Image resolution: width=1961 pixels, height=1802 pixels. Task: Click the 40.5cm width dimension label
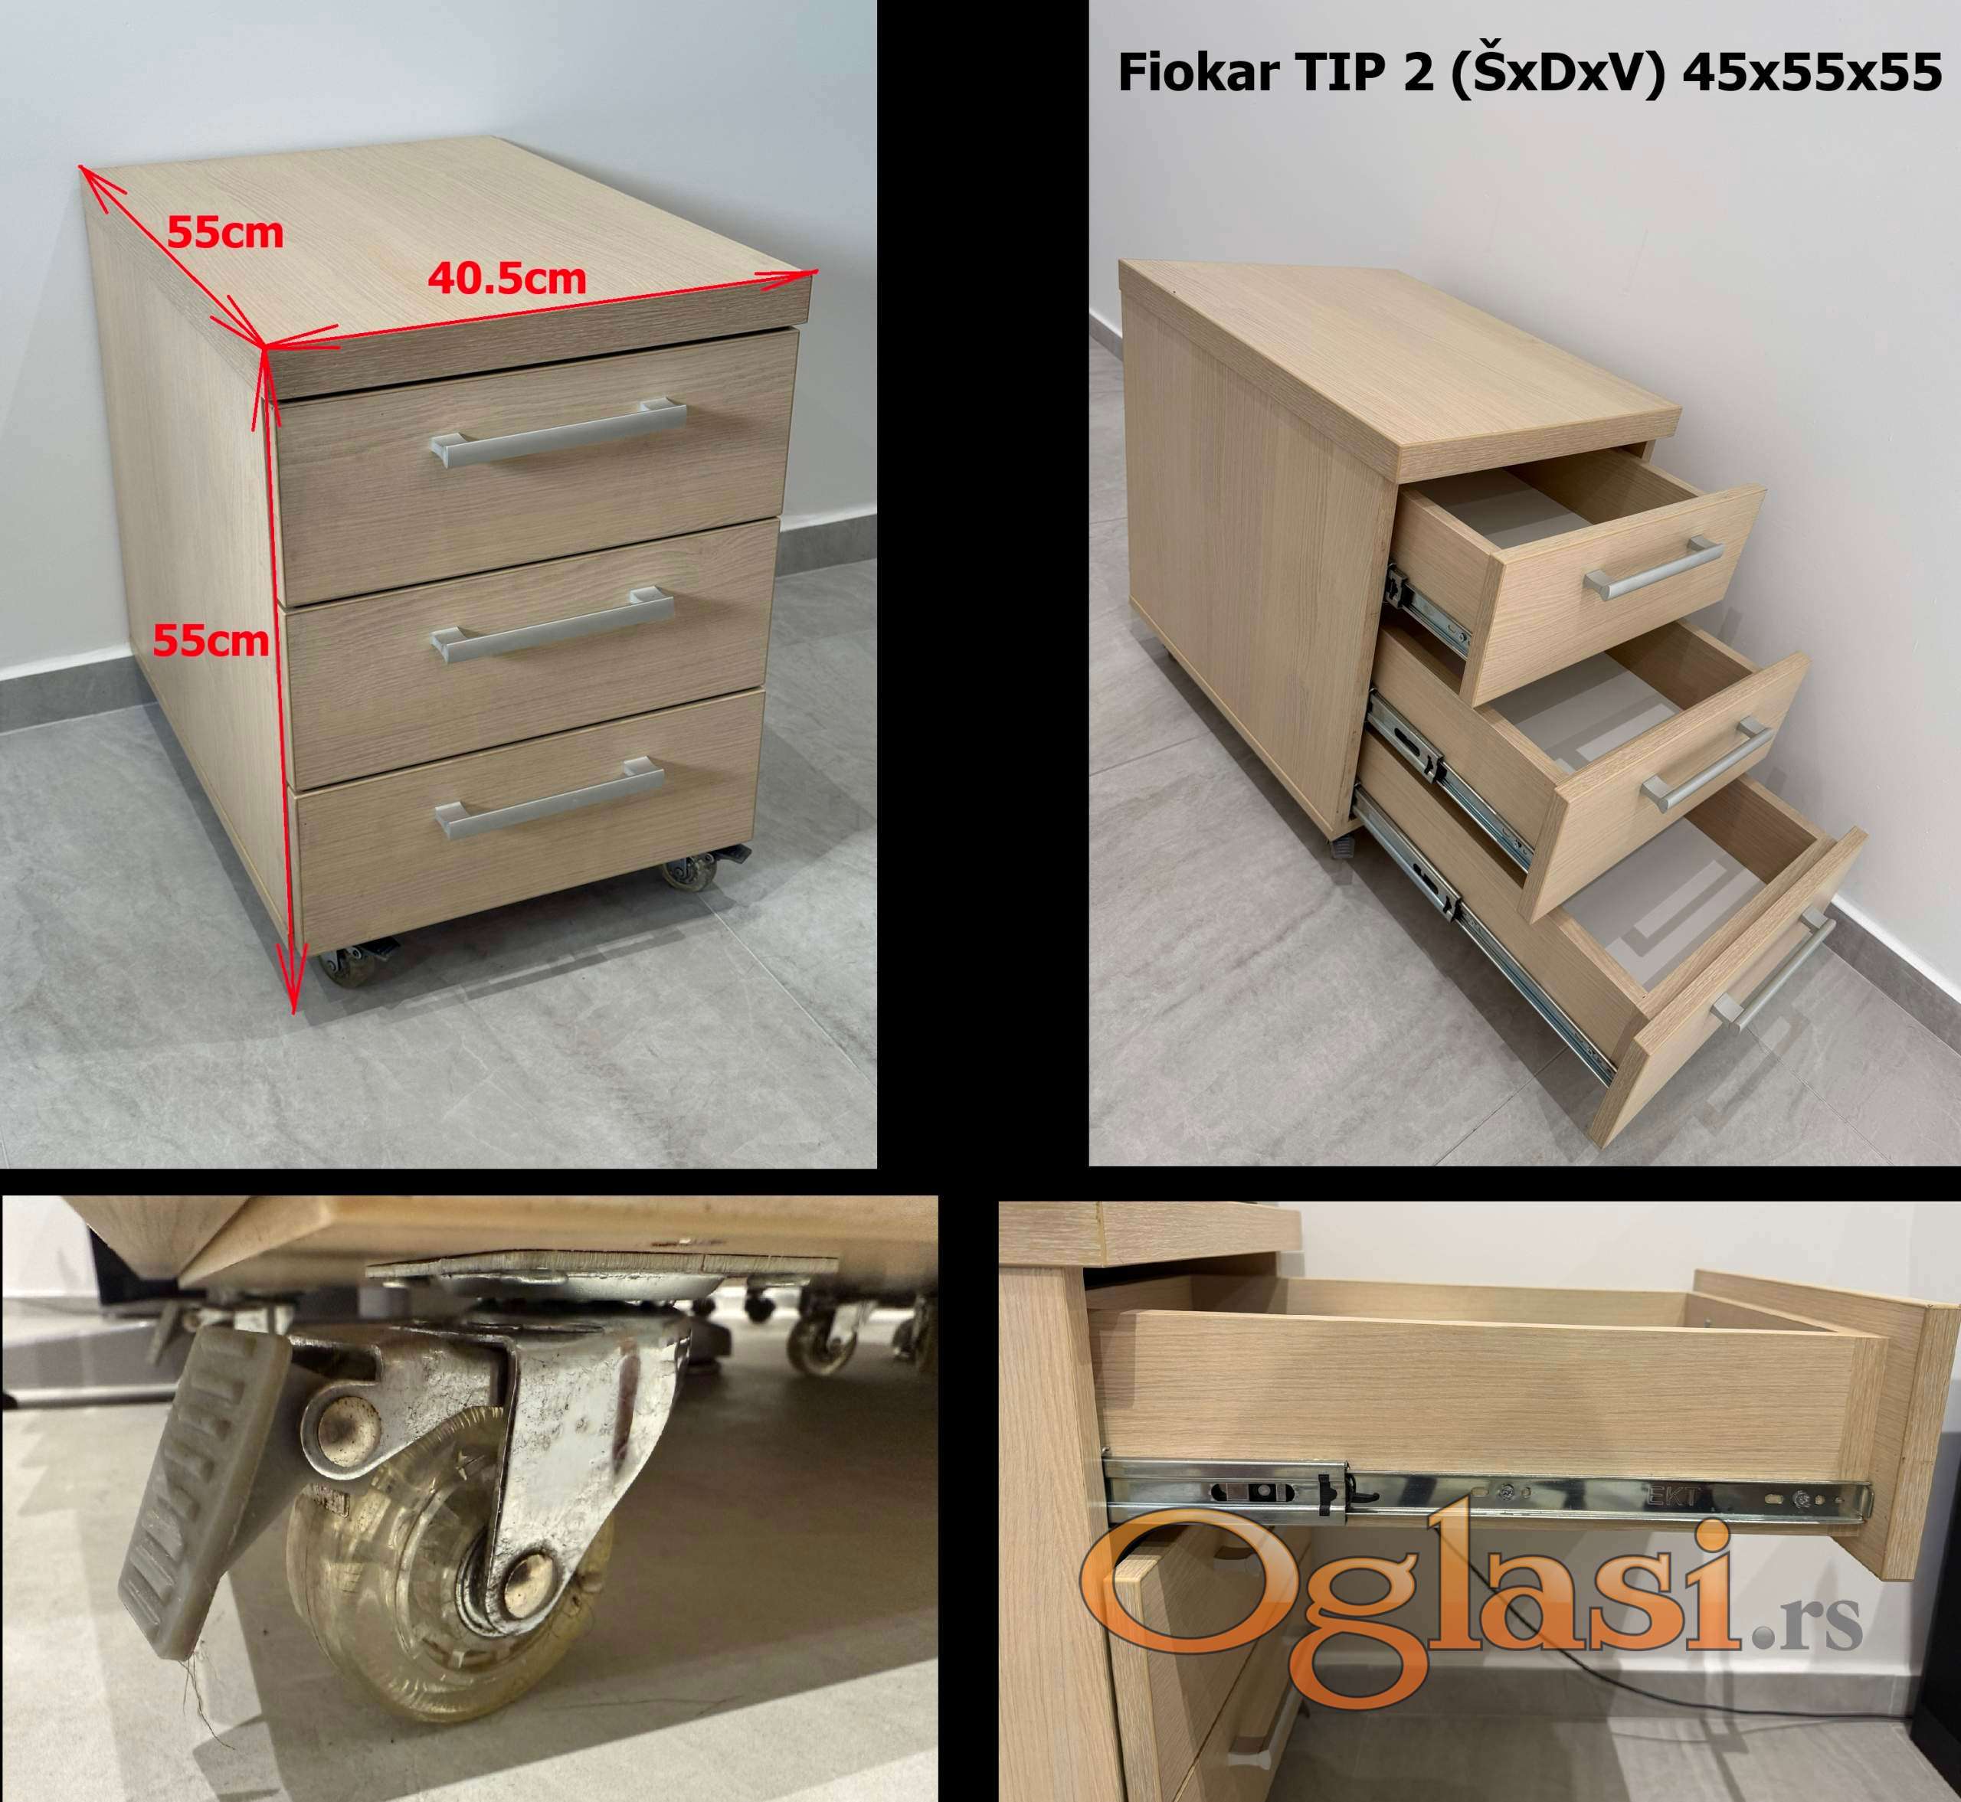click(507, 279)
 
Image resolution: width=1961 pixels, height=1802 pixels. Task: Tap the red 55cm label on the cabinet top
click(225, 233)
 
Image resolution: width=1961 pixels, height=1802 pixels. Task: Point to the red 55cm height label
click(211, 641)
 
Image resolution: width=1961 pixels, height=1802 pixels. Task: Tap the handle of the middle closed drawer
click(553, 624)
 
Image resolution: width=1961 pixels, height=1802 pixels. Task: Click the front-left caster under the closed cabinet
click(356, 963)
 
